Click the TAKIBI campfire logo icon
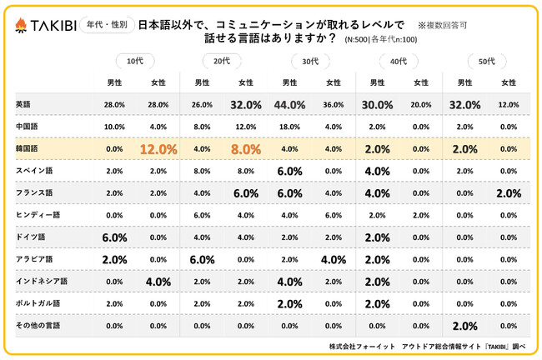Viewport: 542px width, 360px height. [20, 27]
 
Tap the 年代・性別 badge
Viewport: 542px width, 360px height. [108, 26]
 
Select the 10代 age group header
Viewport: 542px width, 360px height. [135, 61]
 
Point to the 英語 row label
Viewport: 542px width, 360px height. [24, 104]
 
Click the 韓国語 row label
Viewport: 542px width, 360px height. [28, 148]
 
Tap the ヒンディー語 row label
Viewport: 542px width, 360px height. [38, 214]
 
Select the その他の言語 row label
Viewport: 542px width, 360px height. [38, 325]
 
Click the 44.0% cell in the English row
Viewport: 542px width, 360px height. [290, 105]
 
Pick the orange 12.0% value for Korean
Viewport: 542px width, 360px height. [158, 149]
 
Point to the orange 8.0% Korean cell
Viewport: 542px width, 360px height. [246, 149]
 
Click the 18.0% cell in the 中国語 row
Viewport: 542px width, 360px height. [290, 127]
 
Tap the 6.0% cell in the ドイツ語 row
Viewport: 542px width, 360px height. [114, 237]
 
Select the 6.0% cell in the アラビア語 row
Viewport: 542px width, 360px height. [202, 259]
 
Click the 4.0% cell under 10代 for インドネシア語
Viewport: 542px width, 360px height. [158, 282]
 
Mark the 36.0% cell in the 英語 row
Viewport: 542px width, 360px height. [334, 105]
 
